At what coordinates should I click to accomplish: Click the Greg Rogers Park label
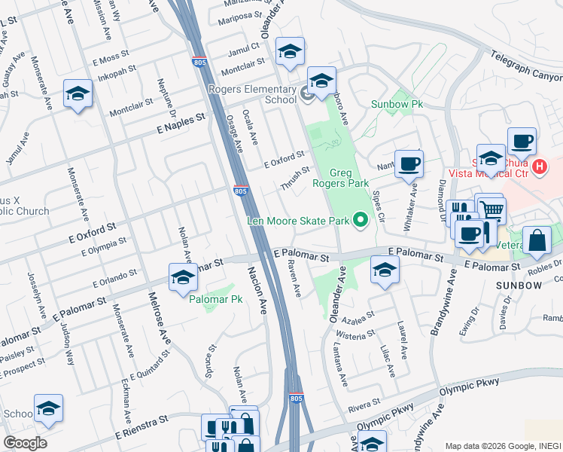coord(348,179)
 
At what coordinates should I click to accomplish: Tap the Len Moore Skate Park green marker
coord(361,221)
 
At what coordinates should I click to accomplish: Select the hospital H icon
coord(539,166)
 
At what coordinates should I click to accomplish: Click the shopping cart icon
coord(491,209)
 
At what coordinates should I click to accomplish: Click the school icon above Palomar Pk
coord(183,278)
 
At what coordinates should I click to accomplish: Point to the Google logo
coord(26,442)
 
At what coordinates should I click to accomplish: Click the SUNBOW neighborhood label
coord(519,286)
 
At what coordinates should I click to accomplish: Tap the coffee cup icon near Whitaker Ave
coord(409,163)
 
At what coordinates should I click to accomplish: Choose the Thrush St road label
coord(295,179)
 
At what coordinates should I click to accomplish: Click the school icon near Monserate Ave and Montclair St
coord(77,94)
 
